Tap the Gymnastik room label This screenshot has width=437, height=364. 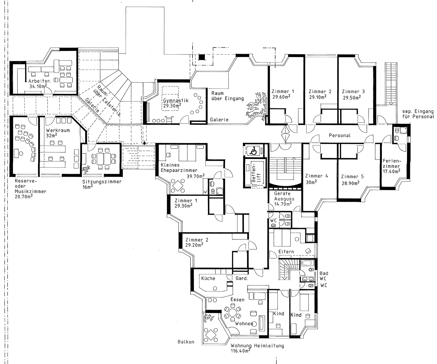[176, 101]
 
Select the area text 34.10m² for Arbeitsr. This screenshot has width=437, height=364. [38, 86]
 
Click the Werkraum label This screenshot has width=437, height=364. [58, 130]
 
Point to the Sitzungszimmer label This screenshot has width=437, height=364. [102, 182]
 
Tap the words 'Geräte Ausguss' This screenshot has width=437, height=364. [284, 196]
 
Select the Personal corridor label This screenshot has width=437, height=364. [340, 135]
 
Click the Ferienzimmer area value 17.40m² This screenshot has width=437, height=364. [391, 172]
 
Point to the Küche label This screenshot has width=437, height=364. [208, 278]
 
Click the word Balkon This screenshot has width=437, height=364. [186, 342]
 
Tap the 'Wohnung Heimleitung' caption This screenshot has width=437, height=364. [257, 346]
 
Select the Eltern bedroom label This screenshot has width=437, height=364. [286, 252]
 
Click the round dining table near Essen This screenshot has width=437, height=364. [232, 313]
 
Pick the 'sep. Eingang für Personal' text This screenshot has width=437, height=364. [418, 114]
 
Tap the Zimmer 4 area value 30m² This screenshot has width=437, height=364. [311, 182]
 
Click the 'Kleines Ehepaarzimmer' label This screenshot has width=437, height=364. [179, 167]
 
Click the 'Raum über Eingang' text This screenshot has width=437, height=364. [228, 96]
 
